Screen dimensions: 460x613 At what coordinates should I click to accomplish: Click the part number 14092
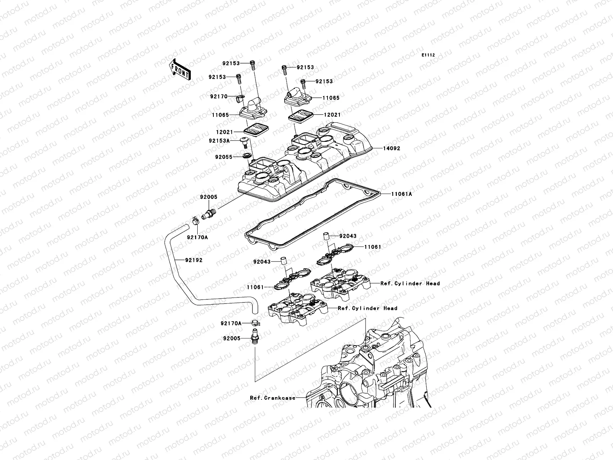tap(391, 148)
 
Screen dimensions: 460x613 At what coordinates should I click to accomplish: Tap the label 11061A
tap(402, 194)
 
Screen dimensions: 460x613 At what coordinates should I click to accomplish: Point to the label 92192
tap(193, 260)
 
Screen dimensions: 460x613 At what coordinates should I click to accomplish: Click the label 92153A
tap(219, 141)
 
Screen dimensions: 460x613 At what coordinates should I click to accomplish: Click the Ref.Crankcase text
tap(272, 398)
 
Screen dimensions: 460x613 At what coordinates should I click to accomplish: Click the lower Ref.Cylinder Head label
tap(367, 308)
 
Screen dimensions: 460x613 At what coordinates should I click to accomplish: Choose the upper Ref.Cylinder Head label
tap(410, 283)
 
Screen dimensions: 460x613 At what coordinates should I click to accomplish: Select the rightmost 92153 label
tap(324, 81)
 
